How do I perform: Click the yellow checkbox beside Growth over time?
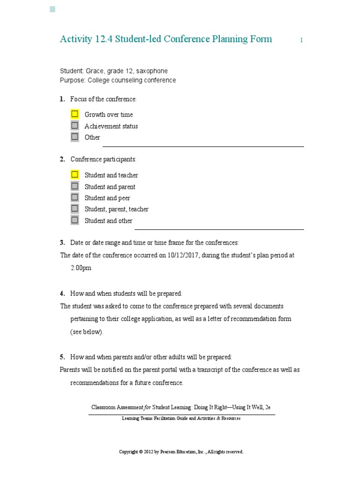(x=75, y=114)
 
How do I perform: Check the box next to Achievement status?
(x=75, y=126)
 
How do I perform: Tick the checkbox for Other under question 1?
(x=75, y=137)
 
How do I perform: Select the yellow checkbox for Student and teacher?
(x=75, y=174)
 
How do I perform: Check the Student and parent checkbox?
(x=75, y=186)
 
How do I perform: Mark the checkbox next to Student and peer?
(x=75, y=197)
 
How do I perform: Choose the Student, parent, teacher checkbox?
(x=75, y=209)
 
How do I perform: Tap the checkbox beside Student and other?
(x=75, y=220)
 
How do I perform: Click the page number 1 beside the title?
(x=301, y=41)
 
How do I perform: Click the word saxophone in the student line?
(x=151, y=71)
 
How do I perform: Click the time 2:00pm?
(x=81, y=268)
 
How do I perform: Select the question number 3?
(x=62, y=243)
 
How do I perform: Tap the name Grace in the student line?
(x=95, y=71)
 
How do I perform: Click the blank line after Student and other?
(x=219, y=229)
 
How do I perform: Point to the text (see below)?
(x=86, y=332)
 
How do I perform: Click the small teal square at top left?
(x=52, y=9)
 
